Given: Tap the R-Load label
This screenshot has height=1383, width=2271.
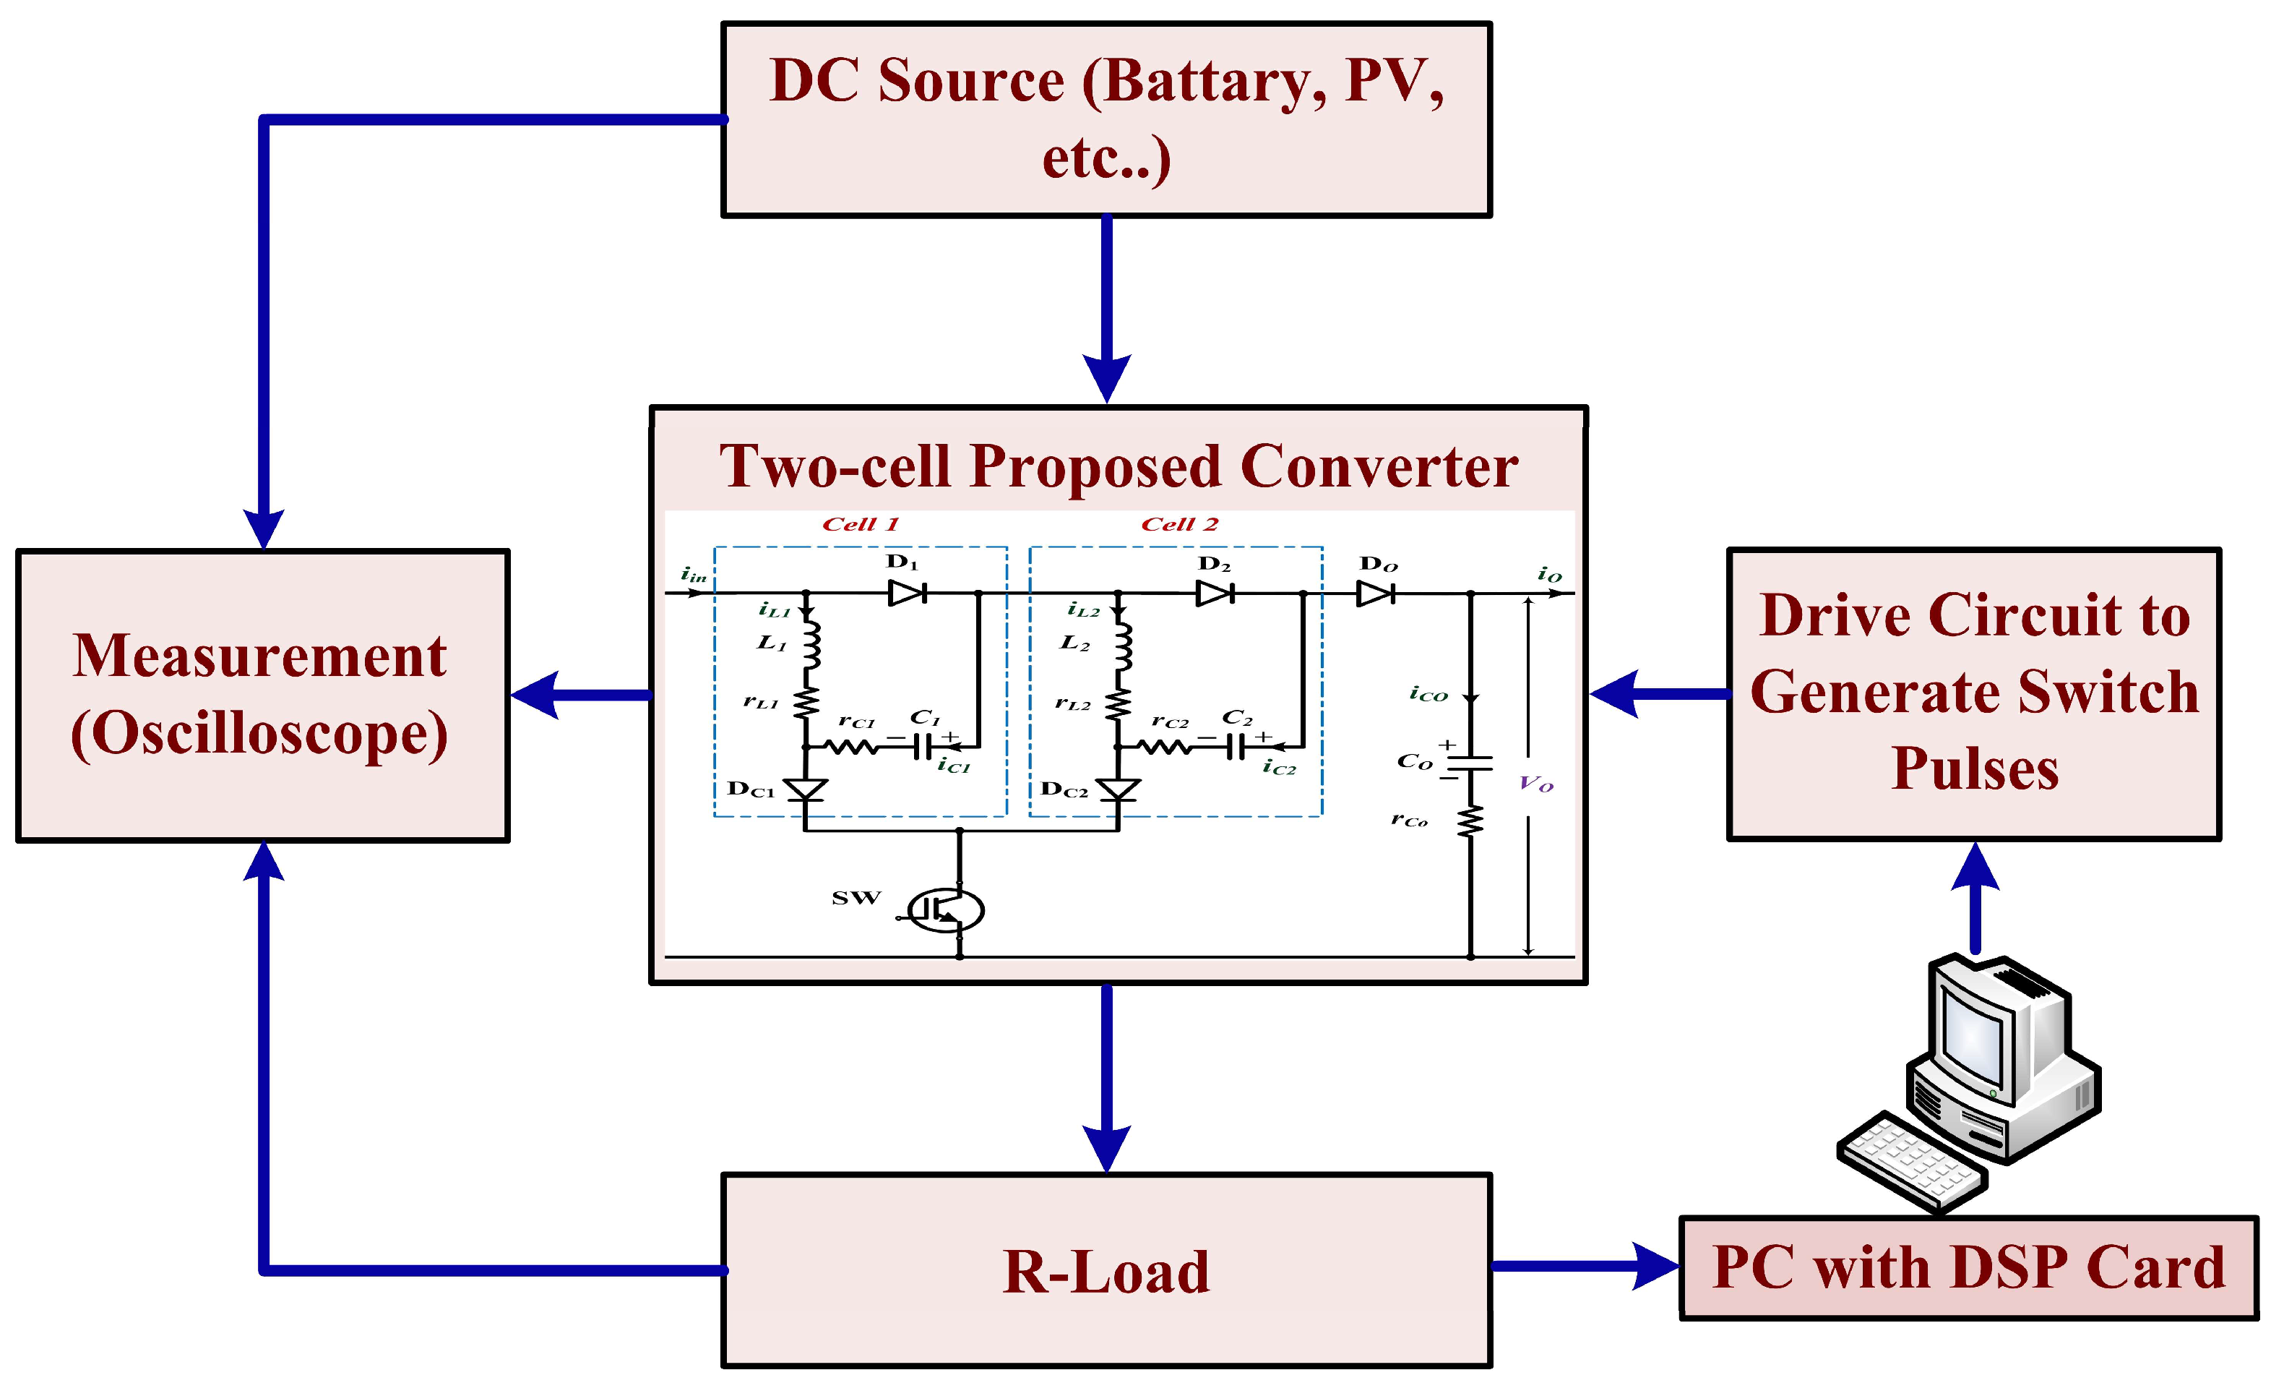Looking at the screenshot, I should click(1106, 1272).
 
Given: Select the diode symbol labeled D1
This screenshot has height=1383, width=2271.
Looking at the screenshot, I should click(907, 593).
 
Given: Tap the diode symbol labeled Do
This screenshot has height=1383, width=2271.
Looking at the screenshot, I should click(1375, 594).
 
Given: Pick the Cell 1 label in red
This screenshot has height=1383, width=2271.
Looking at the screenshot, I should click(860, 525).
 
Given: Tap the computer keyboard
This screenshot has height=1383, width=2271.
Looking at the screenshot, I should click(1913, 1162).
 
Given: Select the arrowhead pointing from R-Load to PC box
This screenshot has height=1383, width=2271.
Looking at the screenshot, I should click(1655, 1266).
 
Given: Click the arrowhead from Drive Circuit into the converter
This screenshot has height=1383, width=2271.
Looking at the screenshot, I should click(1616, 694).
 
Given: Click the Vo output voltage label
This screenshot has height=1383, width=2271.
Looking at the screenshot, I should click(1535, 784).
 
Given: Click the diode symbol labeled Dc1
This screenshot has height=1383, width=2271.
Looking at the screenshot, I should click(806, 789).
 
